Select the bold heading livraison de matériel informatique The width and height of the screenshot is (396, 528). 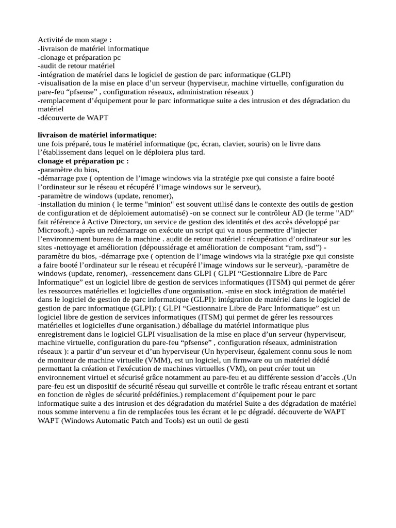coord(97,135)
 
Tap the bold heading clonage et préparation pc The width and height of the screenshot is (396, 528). coord(83,161)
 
